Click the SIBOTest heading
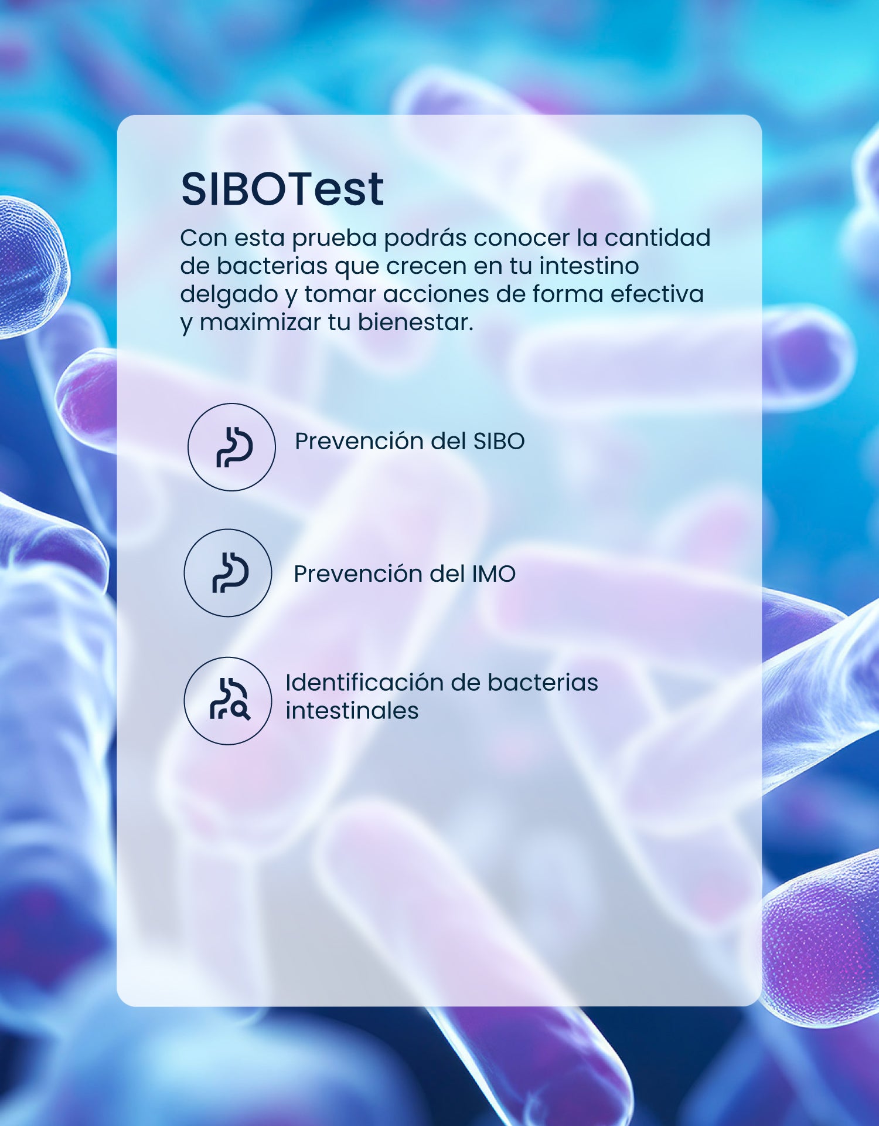282,189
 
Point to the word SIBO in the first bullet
499,442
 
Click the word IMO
493,574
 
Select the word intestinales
352,711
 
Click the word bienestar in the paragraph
415,323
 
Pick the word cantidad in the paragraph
657,238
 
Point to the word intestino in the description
589,266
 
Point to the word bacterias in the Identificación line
543,683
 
